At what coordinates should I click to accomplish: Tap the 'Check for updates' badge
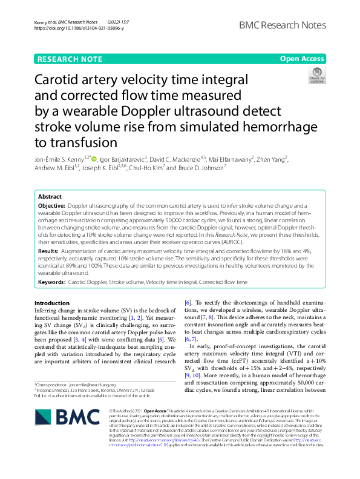pyautogui.click(x=316, y=76)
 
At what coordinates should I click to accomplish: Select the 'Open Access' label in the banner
pyautogui.click(x=302, y=59)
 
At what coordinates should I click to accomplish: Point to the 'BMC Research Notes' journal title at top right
pyautogui.click(x=283, y=25)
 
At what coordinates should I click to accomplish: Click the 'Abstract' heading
pyautogui.click(x=50, y=197)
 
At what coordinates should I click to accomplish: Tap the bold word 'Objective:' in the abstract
pyautogui.click(x=53, y=206)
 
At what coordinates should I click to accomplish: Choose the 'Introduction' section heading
pyautogui.click(x=52, y=303)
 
